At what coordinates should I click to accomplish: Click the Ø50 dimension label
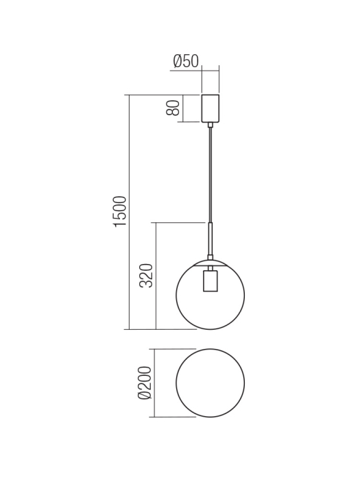point(185,61)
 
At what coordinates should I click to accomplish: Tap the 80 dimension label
point(173,108)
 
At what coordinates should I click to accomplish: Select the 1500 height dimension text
point(120,211)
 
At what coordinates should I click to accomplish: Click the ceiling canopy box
point(210,108)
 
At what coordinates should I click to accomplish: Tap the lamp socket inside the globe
point(211,282)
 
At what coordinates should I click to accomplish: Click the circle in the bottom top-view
point(211,383)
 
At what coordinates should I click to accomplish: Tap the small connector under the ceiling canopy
point(211,124)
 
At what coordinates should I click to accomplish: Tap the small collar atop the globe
point(211,258)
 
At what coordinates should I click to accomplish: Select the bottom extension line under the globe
point(165,329)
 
